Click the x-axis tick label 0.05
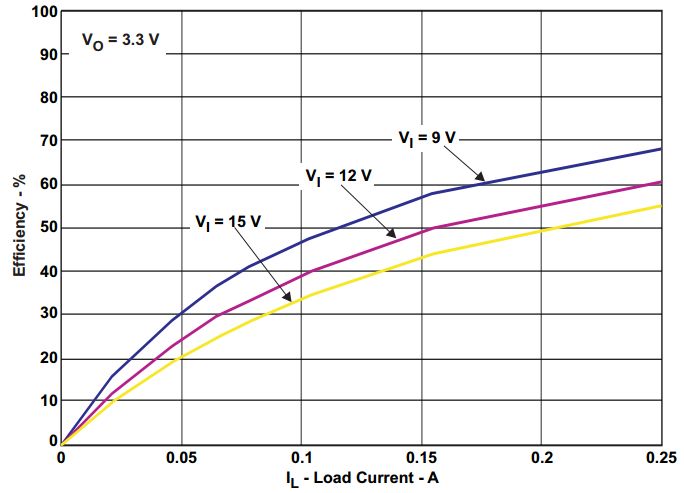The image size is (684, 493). [x=181, y=456]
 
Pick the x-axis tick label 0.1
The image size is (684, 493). [x=301, y=456]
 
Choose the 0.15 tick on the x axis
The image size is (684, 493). [x=420, y=456]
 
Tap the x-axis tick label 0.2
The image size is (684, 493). [x=541, y=456]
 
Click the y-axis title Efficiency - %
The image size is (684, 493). [x=19, y=229]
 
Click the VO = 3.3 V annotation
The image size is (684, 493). [x=120, y=42]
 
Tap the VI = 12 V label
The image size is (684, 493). [x=338, y=176]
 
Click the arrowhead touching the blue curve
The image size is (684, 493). [x=482, y=181]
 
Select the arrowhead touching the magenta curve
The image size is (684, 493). [x=394, y=235]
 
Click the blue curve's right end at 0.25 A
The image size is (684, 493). [x=661, y=149]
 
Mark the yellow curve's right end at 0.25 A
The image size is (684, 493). [x=661, y=205]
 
